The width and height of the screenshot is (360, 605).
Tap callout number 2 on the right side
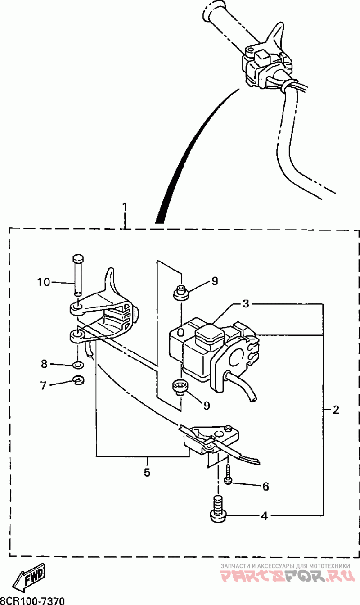(336, 410)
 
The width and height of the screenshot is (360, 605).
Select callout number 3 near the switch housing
(246, 304)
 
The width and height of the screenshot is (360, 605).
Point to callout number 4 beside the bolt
(265, 516)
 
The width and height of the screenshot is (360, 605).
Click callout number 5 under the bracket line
(147, 473)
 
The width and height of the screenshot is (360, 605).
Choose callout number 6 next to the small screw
(265, 486)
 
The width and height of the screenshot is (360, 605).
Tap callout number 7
(43, 385)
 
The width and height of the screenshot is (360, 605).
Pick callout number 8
(44, 363)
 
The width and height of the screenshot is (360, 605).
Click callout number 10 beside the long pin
(44, 283)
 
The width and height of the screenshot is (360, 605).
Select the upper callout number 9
(214, 281)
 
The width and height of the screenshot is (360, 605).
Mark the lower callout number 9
(207, 406)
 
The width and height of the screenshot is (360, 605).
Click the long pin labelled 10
(78, 275)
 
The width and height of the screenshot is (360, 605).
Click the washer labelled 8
(78, 364)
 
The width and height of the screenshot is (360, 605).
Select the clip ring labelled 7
(79, 381)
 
